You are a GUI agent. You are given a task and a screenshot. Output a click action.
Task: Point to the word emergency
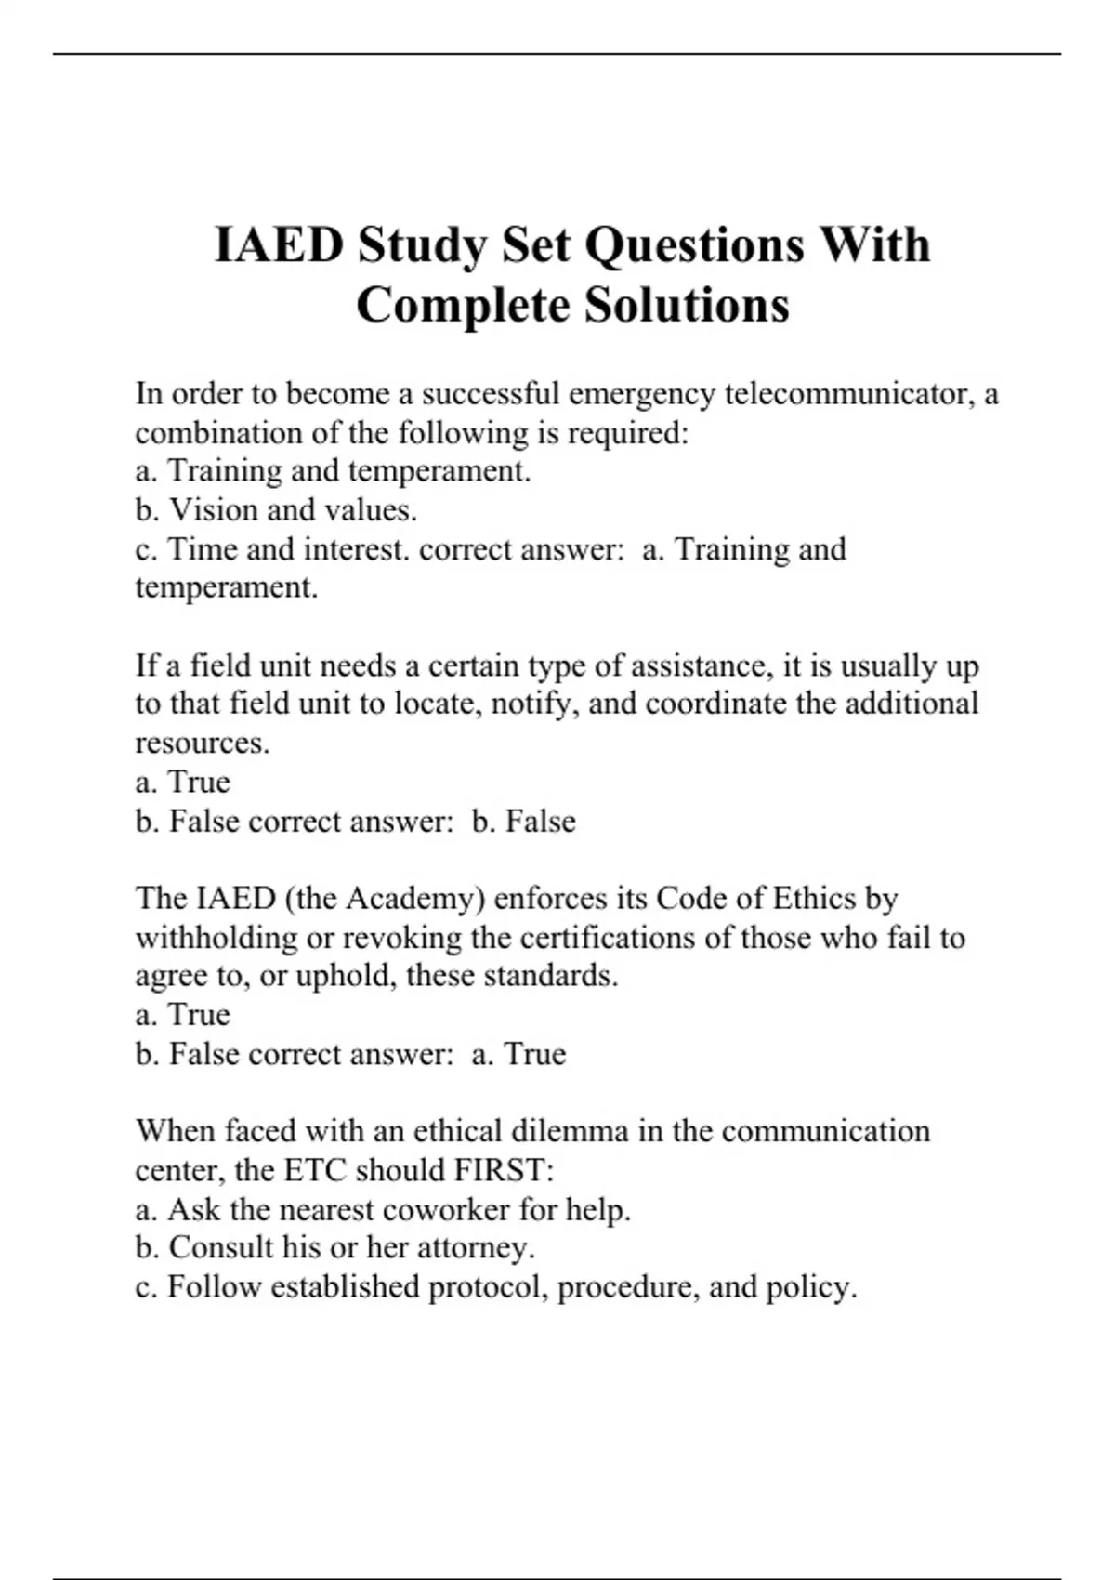(642, 394)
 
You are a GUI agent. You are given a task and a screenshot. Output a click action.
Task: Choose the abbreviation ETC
(315, 1170)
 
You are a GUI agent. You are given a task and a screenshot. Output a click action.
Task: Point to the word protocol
(487, 1288)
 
